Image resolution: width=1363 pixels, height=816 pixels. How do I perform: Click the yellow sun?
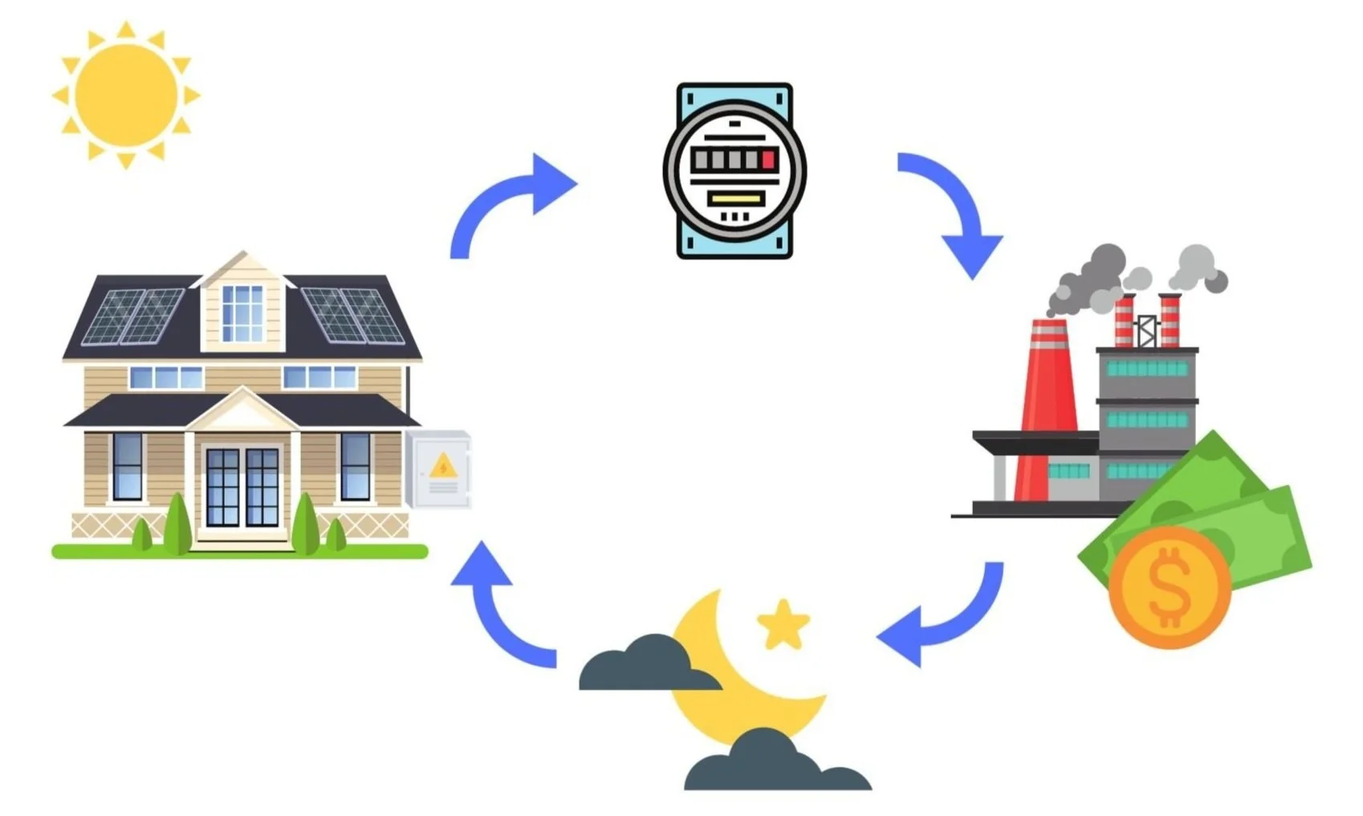pos(126,96)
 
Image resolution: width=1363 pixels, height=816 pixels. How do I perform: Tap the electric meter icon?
pos(734,170)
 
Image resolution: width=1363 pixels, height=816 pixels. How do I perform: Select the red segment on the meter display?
pos(768,159)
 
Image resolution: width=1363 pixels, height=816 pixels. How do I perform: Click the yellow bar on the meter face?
pos(734,198)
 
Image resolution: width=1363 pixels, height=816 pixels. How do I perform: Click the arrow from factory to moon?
pos(947,618)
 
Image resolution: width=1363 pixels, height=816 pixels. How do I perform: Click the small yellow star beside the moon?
pos(783,624)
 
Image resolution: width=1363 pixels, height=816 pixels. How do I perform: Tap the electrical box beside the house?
pos(438,469)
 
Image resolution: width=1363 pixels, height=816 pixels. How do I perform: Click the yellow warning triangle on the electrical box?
pos(442,466)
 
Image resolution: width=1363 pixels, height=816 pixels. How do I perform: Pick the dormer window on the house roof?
pos(242,312)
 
